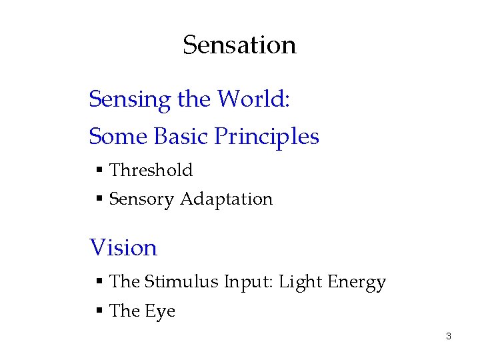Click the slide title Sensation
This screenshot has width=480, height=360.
pyautogui.click(x=239, y=45)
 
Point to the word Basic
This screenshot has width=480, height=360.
pyautogui.click(x=182, y=137)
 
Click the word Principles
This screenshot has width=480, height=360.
pyautogui.click(x=267, y=137)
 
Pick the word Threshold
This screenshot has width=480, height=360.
pyautogui.click(x=151, y=170)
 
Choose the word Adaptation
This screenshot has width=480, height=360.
pyautogui.click(x=227, y=199)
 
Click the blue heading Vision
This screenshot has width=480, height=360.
pyautogui.click(x=123, y=248)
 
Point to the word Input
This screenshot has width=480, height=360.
pyautogui.click(x=249, y=283)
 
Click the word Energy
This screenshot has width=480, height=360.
pyautogui.click(x=357, y=283)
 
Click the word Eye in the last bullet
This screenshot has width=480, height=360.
pyautogui.click(x=160, y=311)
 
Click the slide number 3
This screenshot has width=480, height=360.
pyautogui.click(x=449, y=337)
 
